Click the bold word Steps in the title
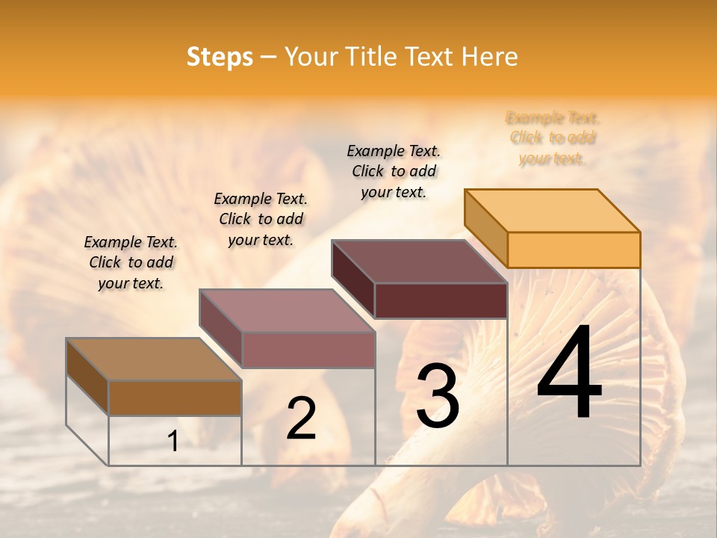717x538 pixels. coord(220,57)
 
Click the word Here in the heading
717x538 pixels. coord(489,57)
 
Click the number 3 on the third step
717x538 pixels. coord(438,396)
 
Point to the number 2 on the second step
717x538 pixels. coord(301,418)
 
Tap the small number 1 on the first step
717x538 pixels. coord(173,442)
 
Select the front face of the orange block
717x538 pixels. coord(574,250)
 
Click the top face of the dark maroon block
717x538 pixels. coord(420,262)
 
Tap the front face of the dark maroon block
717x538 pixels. coord(441,300)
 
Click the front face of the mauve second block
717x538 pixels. coord(308,350)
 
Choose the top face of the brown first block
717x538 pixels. coord(154,359)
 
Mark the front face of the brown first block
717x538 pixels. coord(175,398)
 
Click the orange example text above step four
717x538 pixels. coord(553,138)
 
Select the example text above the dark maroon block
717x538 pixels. coord(394,171)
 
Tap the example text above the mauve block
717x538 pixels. coord(261,219)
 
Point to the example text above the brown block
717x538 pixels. coord(131,262)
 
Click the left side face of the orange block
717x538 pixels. coord(485,227)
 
